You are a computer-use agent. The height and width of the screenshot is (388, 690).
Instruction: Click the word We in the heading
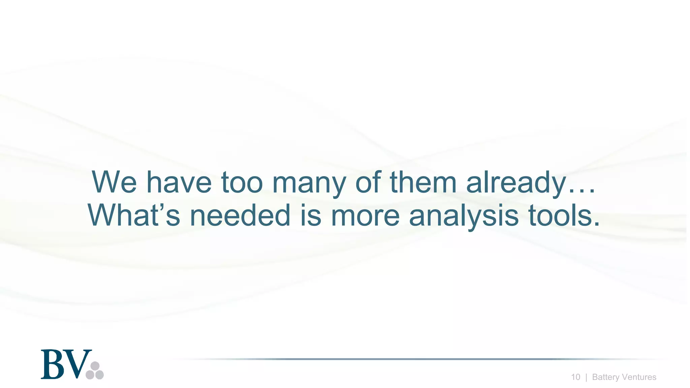(114, 182)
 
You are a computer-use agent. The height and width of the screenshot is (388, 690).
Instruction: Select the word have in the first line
(179, 182)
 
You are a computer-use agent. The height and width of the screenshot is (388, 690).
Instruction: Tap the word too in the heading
(242, 182)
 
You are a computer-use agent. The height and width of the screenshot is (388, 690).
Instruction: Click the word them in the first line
(423, 182)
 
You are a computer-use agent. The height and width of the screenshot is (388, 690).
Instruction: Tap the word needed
(240, 215)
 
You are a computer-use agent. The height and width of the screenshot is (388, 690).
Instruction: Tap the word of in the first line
(368, 182)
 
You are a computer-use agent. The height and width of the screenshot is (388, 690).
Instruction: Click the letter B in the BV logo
(53, 364)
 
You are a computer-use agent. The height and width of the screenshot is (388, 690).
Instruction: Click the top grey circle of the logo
(95, 366)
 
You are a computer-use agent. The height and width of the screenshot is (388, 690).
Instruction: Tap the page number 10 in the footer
(575, 377)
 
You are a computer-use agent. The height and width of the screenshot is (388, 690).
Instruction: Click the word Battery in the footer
(604, 377)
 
